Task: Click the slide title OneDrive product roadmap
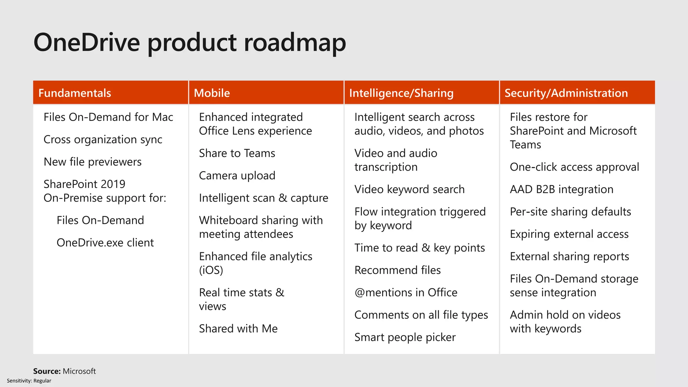190,43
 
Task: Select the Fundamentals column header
75,93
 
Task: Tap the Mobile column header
212,93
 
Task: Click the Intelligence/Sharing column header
401,93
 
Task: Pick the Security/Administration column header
566,93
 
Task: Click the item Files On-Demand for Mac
108,117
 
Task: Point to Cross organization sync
103,139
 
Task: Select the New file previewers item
92,162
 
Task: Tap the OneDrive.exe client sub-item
105,243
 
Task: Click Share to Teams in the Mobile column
237,153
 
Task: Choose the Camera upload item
237,176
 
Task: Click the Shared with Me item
238,329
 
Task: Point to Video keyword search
409,189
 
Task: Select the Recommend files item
397,270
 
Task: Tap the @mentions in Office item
406,293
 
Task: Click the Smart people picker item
405,337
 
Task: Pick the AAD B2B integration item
561,189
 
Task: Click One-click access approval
574,167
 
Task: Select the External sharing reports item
569,257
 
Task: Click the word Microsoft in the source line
79,371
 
